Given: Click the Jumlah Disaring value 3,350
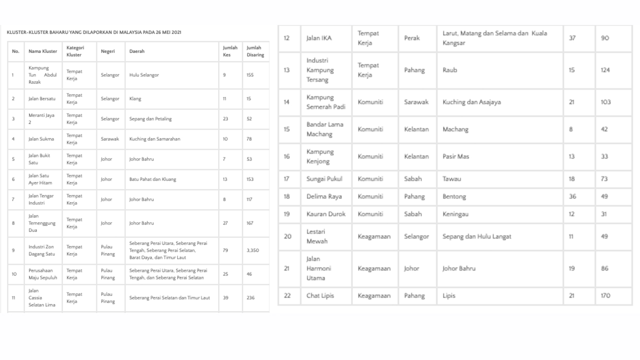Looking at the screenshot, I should (x=252, y=250).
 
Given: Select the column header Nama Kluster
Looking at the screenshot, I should (x=42, y=51).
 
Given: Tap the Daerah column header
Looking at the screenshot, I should (x=137, y=51).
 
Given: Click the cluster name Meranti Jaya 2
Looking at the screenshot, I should (x=41, y=118).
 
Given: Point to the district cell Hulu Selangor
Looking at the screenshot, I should (x=144, y=75).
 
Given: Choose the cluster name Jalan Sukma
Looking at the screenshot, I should (x=41, y=139).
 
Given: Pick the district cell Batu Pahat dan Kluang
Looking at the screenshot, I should (x=152, y=179).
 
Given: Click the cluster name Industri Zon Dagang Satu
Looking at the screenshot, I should (x=41, y=250).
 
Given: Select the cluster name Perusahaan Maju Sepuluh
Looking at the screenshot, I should (x=42, y=274).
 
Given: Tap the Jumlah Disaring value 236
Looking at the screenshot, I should (x=250, y=297).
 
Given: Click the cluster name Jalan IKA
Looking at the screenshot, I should (x=319, y=38).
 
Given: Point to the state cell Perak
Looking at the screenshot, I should (x=412, y=38).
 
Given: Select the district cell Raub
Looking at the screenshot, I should (x=449, y=70).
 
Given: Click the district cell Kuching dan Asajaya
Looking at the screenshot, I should (x=471, y=102).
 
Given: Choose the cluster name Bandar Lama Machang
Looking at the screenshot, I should (x=325, y=129).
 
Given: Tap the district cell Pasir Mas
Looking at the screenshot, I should (x=455, y=156).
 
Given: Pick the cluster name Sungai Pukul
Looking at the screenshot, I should (x=324, y=178).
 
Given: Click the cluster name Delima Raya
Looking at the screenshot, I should (x=324, y=196).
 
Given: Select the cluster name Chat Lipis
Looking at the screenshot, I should (x=320, y=295).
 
